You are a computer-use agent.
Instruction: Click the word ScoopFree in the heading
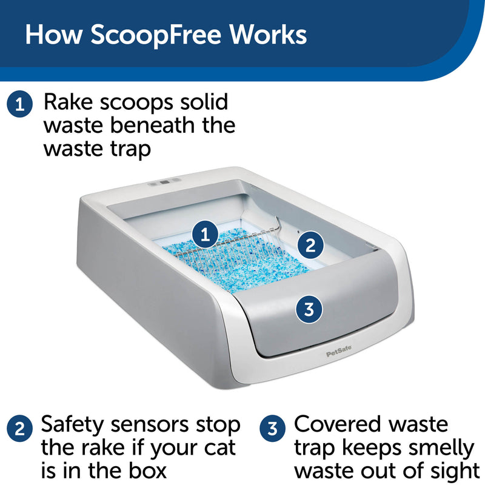tap(156, 35)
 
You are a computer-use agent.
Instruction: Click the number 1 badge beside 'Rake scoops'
tap(20, 104)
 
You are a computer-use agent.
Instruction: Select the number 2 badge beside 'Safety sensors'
tap(20, 429)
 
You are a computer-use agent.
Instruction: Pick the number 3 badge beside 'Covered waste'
tap(272, 429)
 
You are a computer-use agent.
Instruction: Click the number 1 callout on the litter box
tap(205, 234)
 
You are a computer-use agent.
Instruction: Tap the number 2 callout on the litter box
tap(310, 246)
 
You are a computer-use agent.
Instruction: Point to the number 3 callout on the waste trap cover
tap(309, 309)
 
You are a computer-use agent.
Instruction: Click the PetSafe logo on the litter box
tap(339, 352)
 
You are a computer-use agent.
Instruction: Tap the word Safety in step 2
tap(72, 426)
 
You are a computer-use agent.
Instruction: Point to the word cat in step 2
tap(219, 448)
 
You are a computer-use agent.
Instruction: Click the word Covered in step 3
tap(338, 424)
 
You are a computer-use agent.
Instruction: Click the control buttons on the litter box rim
tap(164, 182)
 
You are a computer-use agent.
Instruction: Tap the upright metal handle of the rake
tap(277, 224)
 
